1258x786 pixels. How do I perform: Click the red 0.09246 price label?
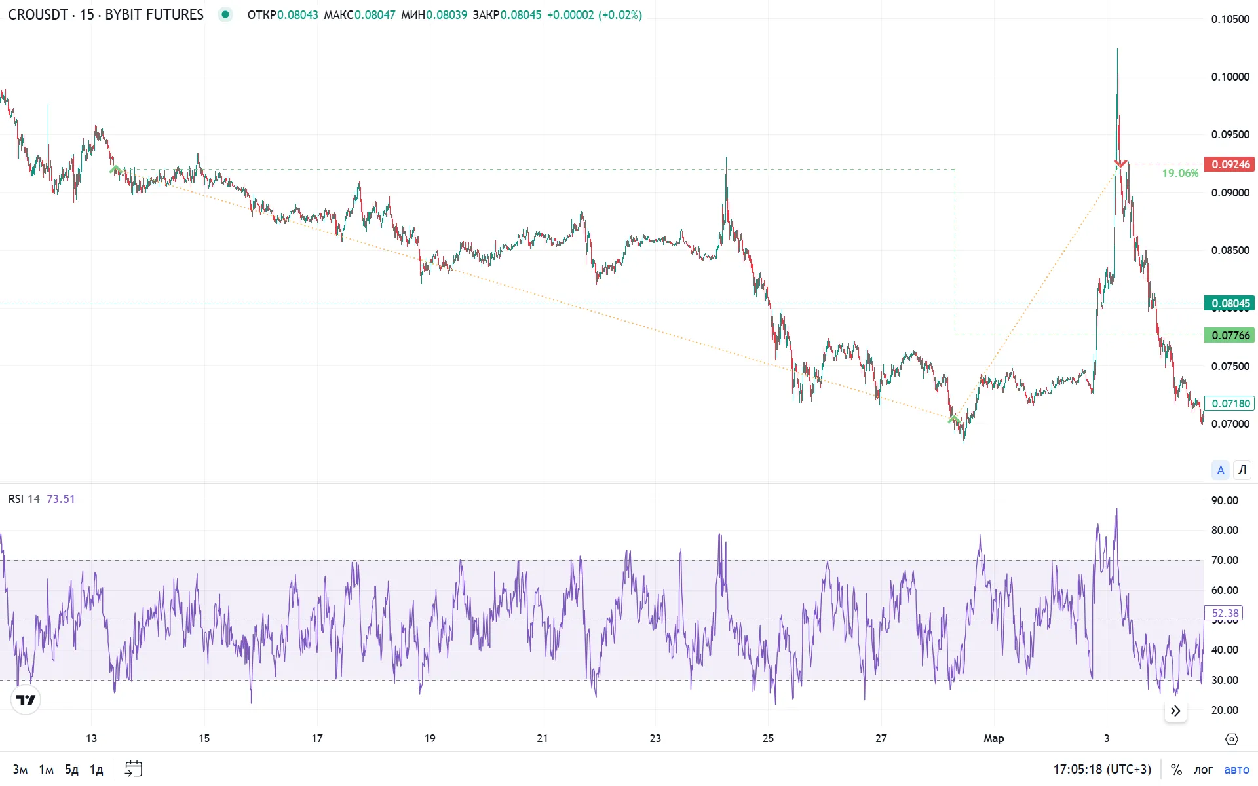1229,164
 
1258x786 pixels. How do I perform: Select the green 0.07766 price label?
1229,335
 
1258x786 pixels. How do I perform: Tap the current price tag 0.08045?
1229,303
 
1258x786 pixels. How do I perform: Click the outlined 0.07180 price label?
1229,403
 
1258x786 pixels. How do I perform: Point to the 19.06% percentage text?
1180,173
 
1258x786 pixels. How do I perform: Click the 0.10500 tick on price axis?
1230,19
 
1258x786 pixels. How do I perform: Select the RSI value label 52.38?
1224,613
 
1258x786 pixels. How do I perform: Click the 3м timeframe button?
20,769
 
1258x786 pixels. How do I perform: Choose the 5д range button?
71,769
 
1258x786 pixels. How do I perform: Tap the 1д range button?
96,769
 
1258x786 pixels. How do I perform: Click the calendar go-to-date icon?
134,768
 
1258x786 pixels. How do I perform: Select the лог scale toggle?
1203,769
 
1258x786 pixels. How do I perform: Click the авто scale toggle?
1236,769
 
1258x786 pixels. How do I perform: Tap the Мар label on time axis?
993,738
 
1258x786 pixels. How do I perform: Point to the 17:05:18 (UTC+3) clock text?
1101,769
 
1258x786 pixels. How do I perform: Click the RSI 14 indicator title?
24,499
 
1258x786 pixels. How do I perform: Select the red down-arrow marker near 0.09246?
1120,163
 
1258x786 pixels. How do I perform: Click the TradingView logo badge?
26,700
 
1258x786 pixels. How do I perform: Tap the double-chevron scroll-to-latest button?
1175,711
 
